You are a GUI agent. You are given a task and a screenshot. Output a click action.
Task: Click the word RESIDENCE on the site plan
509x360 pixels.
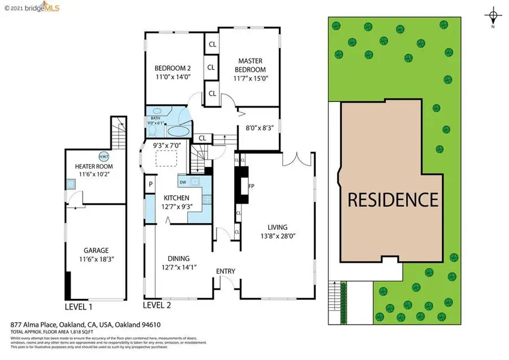[x=392, y=199]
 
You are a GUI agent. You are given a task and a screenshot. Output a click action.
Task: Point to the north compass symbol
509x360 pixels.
[x=493, y=16]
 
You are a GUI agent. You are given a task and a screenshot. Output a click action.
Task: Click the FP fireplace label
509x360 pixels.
[x=251, y=185]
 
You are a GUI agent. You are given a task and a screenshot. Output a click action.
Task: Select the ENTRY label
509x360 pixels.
[x=225, y=271]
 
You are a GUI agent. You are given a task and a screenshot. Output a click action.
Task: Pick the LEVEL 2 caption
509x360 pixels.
[x=157, y=305]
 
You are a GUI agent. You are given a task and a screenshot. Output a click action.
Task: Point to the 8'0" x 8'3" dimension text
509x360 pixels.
[x=257, y=128]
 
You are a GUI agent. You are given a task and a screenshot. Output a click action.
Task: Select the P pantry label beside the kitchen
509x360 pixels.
[x=151, y=185]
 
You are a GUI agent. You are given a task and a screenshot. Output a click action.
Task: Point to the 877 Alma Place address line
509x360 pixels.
[x=79, y=324]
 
